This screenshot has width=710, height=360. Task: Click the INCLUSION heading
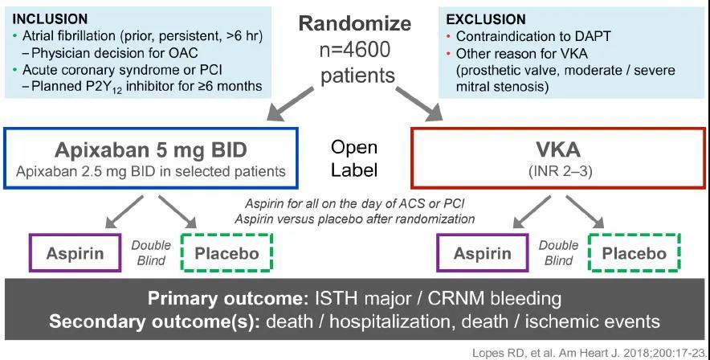tap(50, 19)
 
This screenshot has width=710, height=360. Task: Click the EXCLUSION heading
tap(486, 19)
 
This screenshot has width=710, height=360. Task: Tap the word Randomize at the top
tap(354, 23)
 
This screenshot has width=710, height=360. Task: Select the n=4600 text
tap(354, 49)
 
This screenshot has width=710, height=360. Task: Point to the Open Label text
tap(354, 158)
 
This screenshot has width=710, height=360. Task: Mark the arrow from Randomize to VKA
tap(419, 104)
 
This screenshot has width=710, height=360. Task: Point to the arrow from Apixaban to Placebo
tap(177, 212)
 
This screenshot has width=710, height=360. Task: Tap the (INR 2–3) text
tap(560, 172)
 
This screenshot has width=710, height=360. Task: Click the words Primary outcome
tap(228, 299)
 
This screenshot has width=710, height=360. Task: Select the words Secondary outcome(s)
tap(154, 321)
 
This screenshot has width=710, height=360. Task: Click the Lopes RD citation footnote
tap(590, 353)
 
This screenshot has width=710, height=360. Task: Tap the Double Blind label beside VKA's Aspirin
tap(558, 252)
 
